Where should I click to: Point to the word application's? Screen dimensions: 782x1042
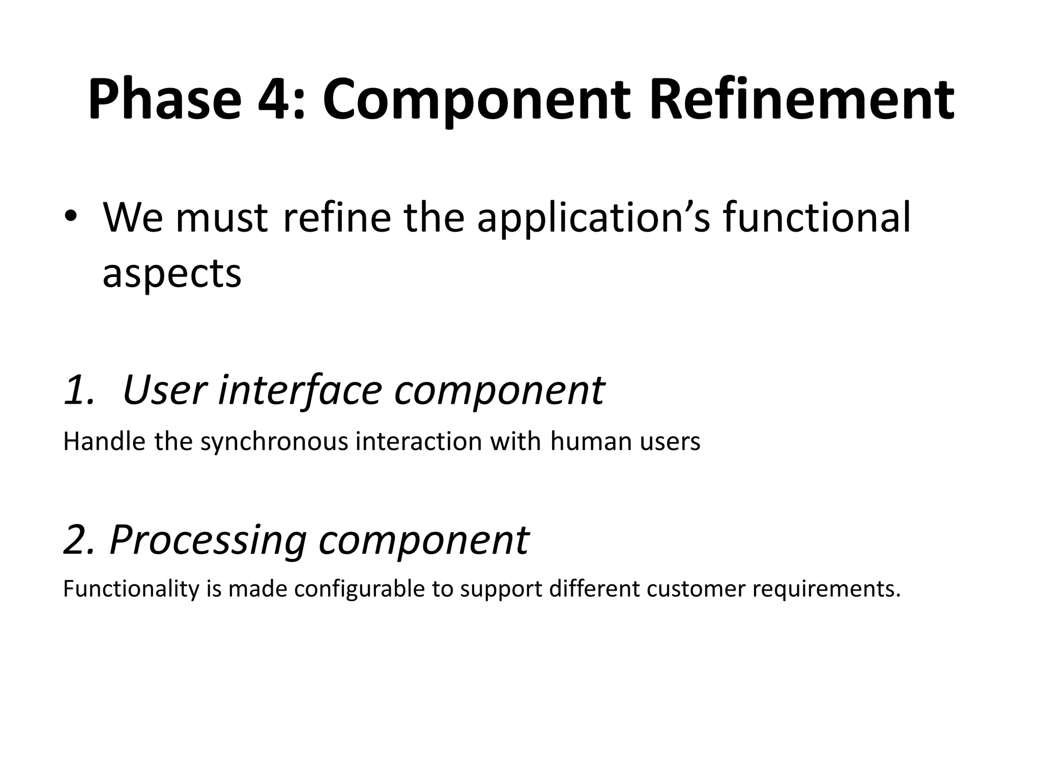[x=593, y=219]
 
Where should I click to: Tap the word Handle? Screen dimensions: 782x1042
[x=104, y=441]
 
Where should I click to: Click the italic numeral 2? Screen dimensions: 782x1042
[x=76, y=540]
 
